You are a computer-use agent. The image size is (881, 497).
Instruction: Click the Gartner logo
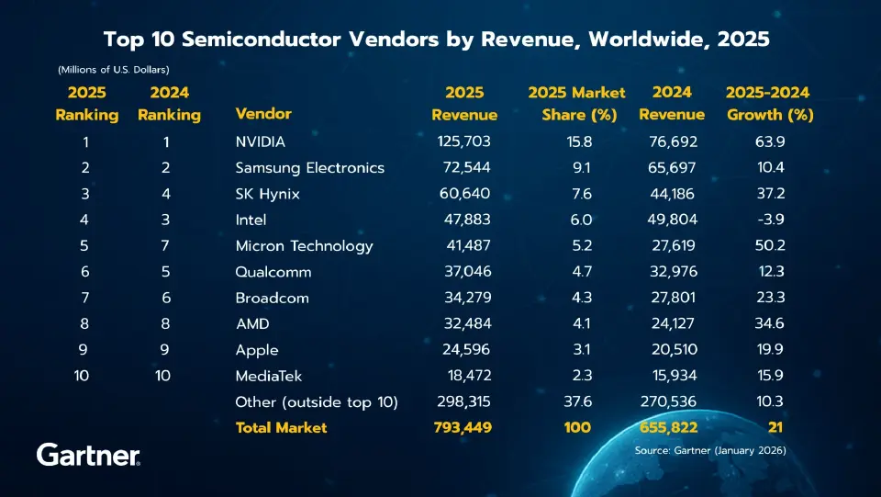(88, 454)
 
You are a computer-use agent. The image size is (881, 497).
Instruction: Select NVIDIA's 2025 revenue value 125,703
(464, 141)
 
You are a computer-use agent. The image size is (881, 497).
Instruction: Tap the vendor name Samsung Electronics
(309, 168)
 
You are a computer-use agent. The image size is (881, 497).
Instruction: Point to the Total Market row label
(281, 427)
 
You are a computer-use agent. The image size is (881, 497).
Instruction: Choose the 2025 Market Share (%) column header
(577, 104)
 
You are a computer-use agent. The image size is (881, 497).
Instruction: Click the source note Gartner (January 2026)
(710, 450)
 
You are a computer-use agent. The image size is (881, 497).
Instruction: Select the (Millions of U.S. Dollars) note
(113, 69)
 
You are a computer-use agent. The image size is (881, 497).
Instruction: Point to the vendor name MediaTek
(268, 376)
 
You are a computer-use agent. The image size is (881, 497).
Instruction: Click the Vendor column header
(263, 114)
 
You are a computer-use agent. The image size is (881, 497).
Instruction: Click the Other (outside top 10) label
(316, 401)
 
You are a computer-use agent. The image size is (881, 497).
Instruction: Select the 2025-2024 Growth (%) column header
(770, 104)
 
